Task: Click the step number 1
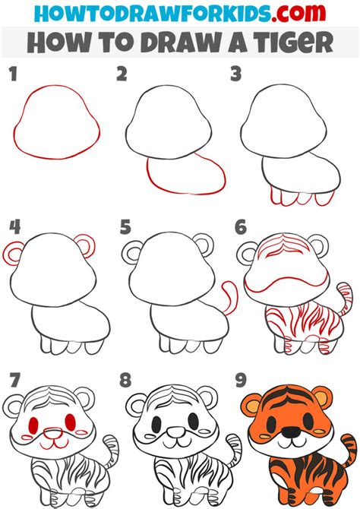pyautogui.click(x=11, y=73)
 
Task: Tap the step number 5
pyautogui.click(x=125, y=226)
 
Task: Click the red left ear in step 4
pyautogui.click(x=15, y=251)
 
